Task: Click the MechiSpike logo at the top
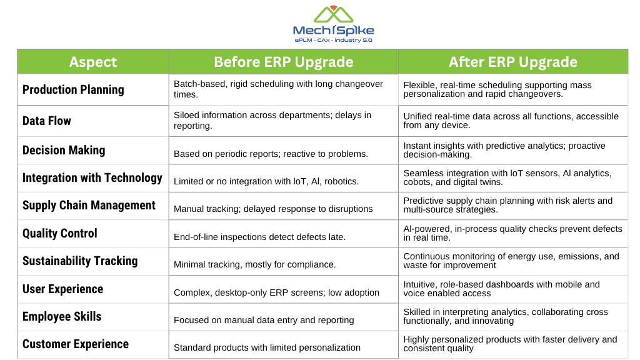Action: (333, 24)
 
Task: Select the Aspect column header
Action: (93, 62)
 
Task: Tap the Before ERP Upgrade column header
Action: (284, 62)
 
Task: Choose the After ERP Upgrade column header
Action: (513, 62)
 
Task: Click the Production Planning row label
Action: (73, 89)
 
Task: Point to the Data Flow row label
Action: (46, 121)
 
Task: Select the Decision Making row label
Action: (64, 150)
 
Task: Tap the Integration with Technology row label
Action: (92, 178)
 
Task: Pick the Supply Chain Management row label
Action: (89, 205)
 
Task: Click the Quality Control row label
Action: (59, 234)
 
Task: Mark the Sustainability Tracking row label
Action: (80, 261)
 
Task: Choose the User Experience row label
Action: (63, 289)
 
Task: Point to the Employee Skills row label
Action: (62, 316)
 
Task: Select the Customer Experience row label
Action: (76, 344)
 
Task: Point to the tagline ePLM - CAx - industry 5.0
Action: (333, 40)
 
